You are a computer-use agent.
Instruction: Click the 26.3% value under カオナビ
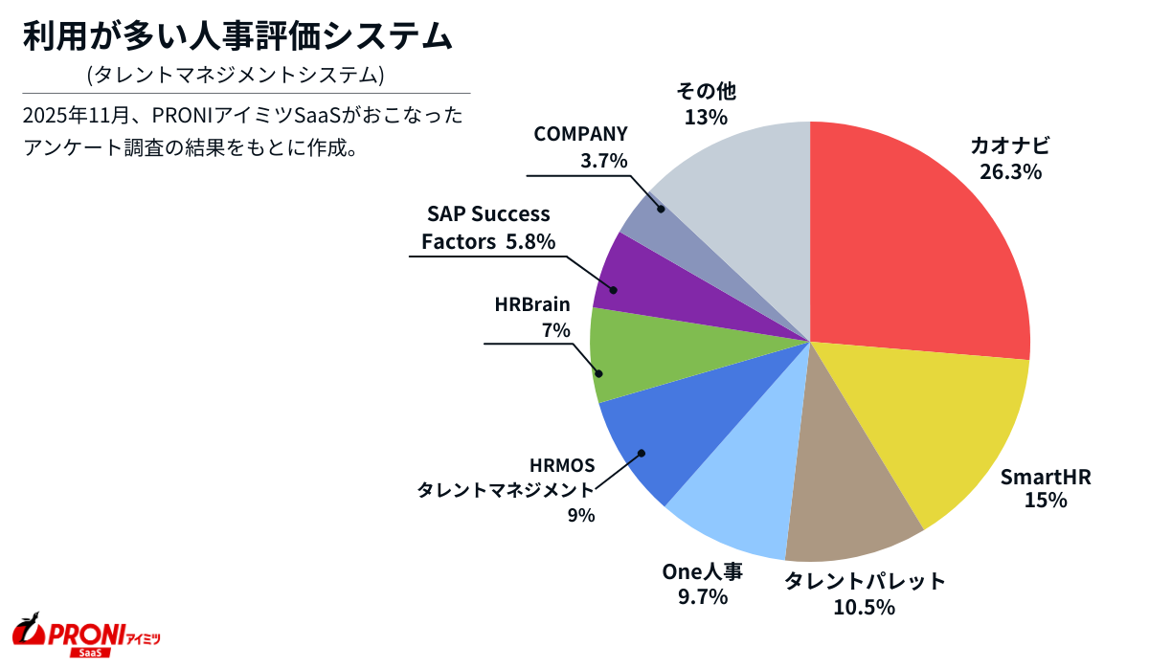coord(1010,172)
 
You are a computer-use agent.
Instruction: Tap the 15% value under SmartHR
coord(1046,500)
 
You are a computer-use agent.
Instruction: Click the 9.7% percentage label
coord(702,597)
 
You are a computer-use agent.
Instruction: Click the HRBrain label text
coord(532,305)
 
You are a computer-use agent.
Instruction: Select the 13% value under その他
coord(706,117)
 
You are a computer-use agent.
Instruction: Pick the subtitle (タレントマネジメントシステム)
coord(236,74)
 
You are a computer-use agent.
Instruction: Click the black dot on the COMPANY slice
coord(661,207)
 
